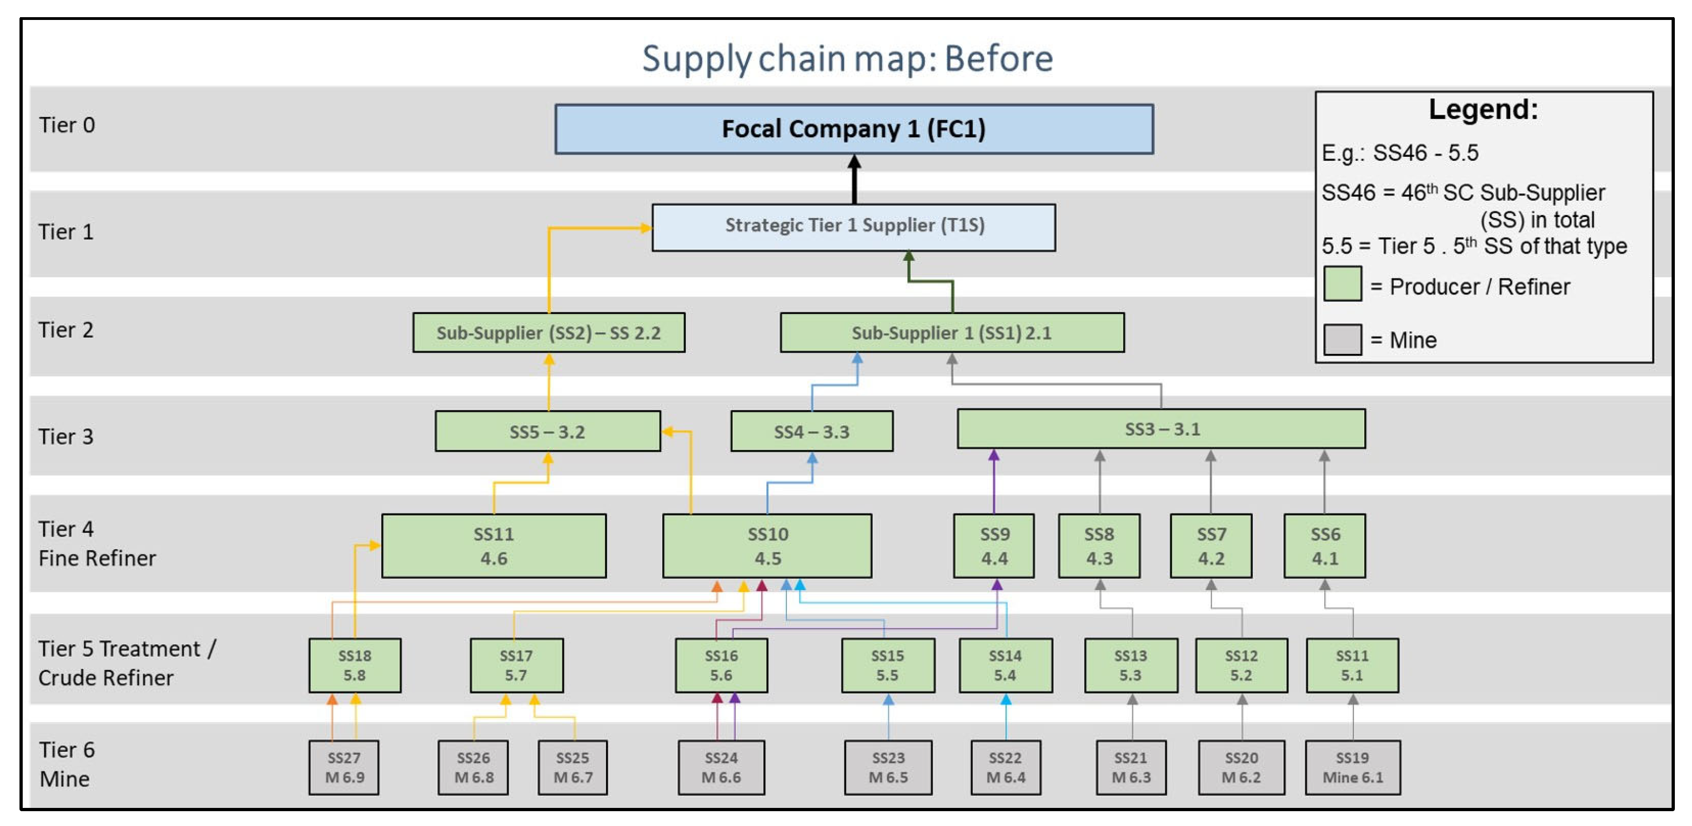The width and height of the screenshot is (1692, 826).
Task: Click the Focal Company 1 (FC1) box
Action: pos(853,129)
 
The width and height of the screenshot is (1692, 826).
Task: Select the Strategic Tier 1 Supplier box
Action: pos(853,227)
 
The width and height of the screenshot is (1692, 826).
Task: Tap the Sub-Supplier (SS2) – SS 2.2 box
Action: pos(549,333)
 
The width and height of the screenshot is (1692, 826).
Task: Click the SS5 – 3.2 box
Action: pos(547,431)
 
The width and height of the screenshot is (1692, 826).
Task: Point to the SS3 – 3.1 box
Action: pos(1161,429)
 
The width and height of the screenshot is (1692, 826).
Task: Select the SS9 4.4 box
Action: pos(993,545)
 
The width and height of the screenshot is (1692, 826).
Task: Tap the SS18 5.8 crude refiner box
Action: pos(355,665)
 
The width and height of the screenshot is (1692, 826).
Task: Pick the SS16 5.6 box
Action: pos(721,665)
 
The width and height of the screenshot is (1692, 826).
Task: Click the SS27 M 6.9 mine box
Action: pos(344,767)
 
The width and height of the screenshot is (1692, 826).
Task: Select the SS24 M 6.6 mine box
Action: pos(721,767)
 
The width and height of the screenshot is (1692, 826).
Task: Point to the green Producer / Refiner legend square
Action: pos(1341,284)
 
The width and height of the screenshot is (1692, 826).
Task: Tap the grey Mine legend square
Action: pos(1341,339)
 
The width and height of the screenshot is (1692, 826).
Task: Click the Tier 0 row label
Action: pos(66,125)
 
